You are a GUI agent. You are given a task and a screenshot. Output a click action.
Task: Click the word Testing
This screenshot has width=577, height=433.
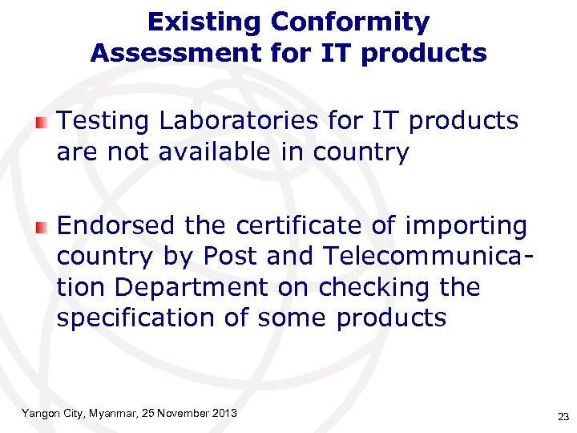(x=103, y=121)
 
